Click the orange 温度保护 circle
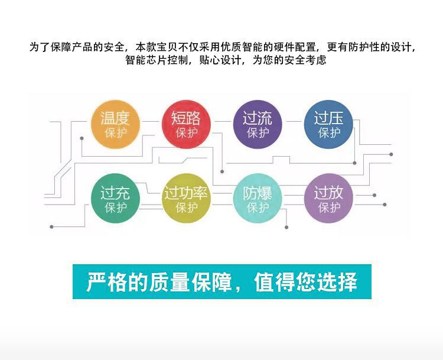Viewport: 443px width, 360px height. tap(115, 124)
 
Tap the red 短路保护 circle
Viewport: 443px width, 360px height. tap(186, 124)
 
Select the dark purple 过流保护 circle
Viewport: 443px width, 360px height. tap(258, 124)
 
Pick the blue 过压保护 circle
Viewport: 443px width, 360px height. tap(328, 124)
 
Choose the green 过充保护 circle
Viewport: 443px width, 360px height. tap(115, 199)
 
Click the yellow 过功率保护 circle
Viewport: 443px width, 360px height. tap(186, 199)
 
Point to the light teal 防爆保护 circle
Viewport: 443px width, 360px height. tap(258, 199)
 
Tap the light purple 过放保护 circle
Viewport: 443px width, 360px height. tap(328, 199)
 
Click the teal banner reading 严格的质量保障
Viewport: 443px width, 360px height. tap(222, 281)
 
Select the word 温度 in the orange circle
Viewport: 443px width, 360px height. tap(115, 118)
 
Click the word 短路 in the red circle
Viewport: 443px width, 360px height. tap(186, 118)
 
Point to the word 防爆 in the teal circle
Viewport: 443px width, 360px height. tap(258, 193)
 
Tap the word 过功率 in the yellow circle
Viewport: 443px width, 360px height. tap(186, 193)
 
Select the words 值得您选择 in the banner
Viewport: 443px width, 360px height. tap(306, 282)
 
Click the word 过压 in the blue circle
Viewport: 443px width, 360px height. tap(328, 118)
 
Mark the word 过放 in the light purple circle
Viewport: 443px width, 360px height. tap(328, 193)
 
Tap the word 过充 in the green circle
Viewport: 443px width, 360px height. tap(115, 193)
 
